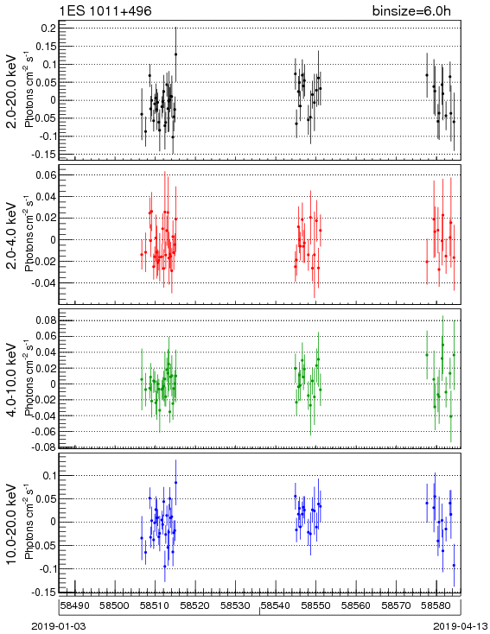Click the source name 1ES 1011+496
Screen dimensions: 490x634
[x=105, y=11]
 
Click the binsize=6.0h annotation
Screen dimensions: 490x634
[x=411, y=11]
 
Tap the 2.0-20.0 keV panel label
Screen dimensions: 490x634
[x=12, y=91]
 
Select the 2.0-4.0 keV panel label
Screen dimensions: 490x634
[x=12, y=235]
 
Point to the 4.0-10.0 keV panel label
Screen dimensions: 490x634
[x=12, y=380]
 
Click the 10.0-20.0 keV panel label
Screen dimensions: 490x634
[x=12, y=524]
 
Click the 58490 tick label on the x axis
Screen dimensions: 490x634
[x=75, y=605]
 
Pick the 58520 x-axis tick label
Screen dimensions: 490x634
[x=195, y=605]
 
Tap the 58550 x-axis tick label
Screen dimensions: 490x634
[x=315, y=605]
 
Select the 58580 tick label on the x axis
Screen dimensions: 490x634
[x=436, y=605]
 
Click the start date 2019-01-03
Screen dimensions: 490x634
[x=59, y=626]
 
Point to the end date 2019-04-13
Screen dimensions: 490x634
[x=460, y=626]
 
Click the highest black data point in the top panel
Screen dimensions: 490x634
[x=175, y=54]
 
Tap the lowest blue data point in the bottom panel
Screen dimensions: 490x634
[x=454, y=565]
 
